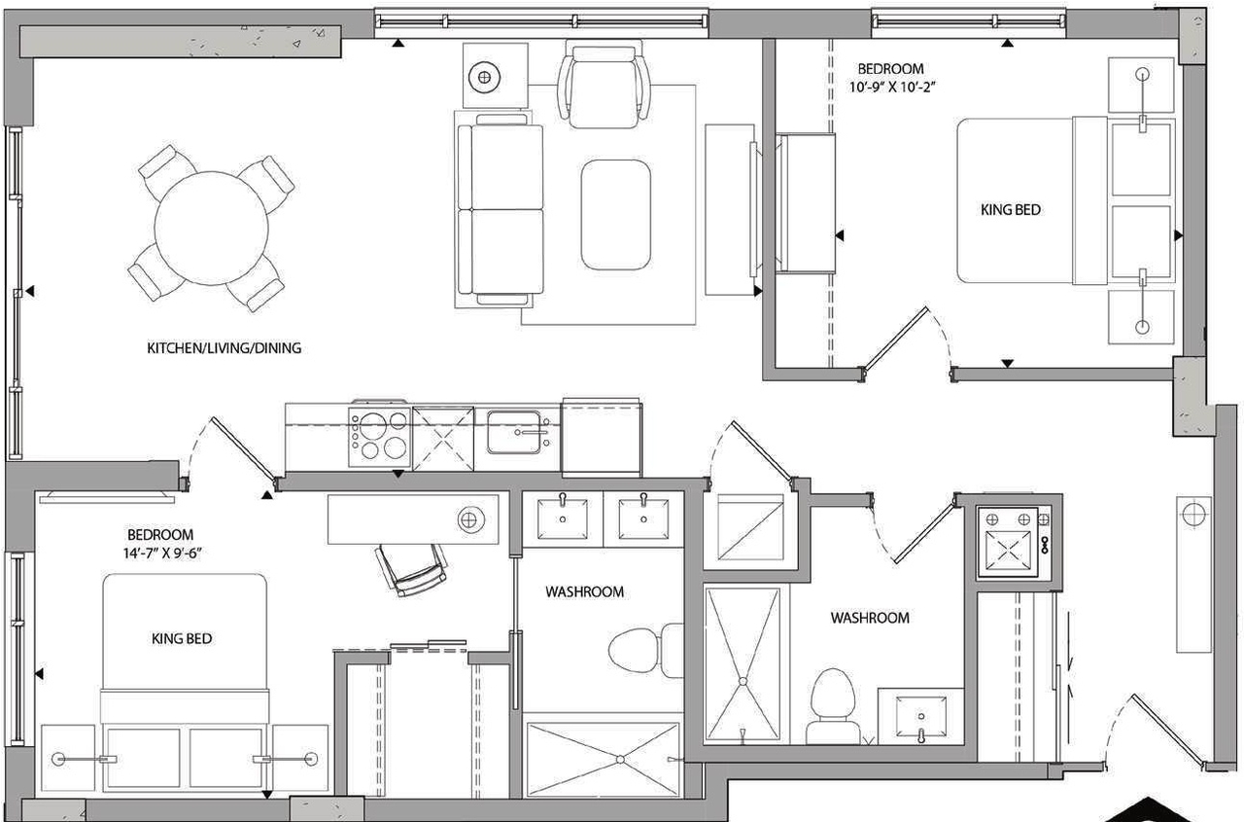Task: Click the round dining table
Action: click(x=211, y=228)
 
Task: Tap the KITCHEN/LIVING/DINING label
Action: click(x=224, y=347)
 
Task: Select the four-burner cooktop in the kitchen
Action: click(x=379, y=437)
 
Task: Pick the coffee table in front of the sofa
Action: click(x=615, y=214)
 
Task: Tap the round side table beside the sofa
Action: click(x=482, y=75)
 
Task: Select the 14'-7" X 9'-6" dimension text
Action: click(x=160, y=552)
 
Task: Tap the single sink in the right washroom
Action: click(x=919, y=716)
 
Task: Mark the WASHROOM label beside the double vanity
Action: click(x=584, y=591)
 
